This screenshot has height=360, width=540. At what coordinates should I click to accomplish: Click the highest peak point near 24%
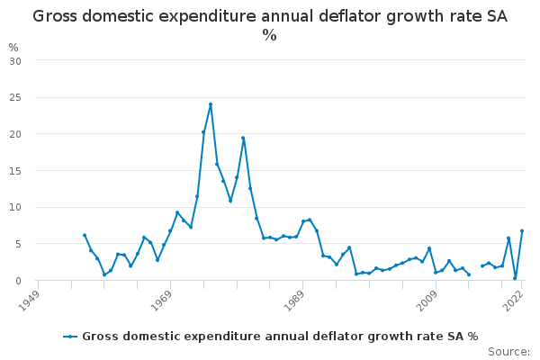click(x=211, y=104)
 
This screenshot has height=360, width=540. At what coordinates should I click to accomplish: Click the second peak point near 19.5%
click(x=243, y=138)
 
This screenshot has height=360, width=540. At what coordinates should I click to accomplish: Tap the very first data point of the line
click(x=85, y=235)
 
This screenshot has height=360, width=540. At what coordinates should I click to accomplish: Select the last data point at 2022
click(x=522, y=230)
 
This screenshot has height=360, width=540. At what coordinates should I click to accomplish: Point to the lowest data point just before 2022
click(x=515, y=278)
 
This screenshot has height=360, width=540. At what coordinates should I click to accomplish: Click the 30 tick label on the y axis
click(x=15, y=61)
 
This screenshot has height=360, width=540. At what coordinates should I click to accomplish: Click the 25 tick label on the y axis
click(x=15, y=98)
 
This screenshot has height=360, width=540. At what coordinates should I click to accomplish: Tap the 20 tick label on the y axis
click(x=15, y=134)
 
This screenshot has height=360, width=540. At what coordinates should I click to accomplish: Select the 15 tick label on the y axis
click(x=15, y=171)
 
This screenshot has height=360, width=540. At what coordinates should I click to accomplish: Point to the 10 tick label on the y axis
click(x=15, y=207)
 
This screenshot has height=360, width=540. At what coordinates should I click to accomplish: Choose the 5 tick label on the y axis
click(x=18, y=244)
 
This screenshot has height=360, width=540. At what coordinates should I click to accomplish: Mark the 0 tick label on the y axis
click(x=18, y=281)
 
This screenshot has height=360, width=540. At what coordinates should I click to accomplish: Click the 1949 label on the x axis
click(x=29, y=301)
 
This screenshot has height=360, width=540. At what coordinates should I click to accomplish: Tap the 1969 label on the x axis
click(x=161, y=301)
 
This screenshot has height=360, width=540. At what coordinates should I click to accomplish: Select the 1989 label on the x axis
click(x=293, y=301)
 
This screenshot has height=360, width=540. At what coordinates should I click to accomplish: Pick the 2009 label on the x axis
click(x=427, y=301)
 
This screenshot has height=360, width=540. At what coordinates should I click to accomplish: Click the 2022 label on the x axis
click(x=514, y=301)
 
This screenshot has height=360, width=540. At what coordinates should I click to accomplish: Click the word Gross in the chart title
click(x=55, y=16)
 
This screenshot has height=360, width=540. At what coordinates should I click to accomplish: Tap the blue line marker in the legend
click(x=70, y=337)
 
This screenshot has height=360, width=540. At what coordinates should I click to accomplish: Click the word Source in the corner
click(x=508, y=352)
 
